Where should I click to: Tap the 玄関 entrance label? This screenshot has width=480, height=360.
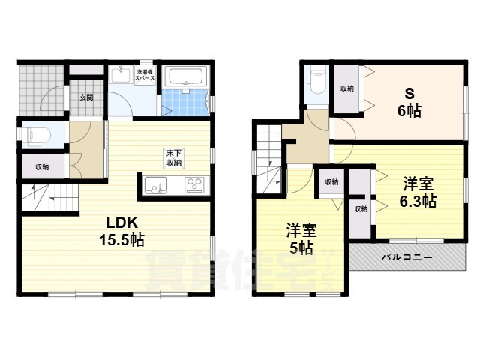(x=86, y=97)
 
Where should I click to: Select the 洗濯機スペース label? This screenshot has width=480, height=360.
(x=145, y=76)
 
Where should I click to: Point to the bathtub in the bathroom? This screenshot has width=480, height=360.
(x=186, y=77)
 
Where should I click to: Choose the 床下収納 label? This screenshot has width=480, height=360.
(x=173, y=158)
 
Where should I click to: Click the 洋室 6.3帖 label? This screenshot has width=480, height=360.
(x=418, y=193)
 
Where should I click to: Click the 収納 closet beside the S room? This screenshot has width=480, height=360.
(x=346, y=88)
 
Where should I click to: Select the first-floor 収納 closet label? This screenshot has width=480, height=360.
(x=42, y=167)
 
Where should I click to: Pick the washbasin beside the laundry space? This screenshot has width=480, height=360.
(x=121, y=76)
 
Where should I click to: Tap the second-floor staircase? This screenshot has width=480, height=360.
(x=268, y=157)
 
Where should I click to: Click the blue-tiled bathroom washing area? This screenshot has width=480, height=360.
(x=180, y=101)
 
